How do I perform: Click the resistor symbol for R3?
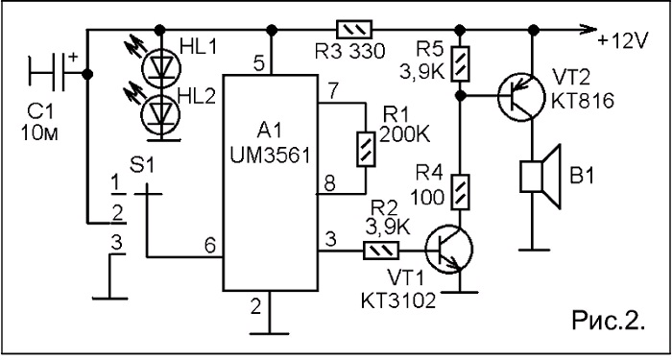(x=354, y=30)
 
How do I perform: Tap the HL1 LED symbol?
(x=161, y=68)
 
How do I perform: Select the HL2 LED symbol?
(x=161, y=114)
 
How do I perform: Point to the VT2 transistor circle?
(x=521, y=97)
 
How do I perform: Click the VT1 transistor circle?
(x=448, y=249)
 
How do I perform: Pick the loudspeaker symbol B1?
(x=540, y=177)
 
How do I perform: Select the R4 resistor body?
(x=460, y=192)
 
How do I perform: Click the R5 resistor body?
(x=460, y=63)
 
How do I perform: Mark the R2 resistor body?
(x=381, y=251)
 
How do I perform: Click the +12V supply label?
(x=624, y=41)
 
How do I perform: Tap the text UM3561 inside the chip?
(x=270, y=156)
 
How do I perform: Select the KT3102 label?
(x=398, y=301)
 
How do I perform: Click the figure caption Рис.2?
(x=609, y=321)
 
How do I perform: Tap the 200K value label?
(x=404, y=135)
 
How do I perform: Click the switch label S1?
(x=143, y=166)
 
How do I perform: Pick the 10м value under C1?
(x=40, y=133)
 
